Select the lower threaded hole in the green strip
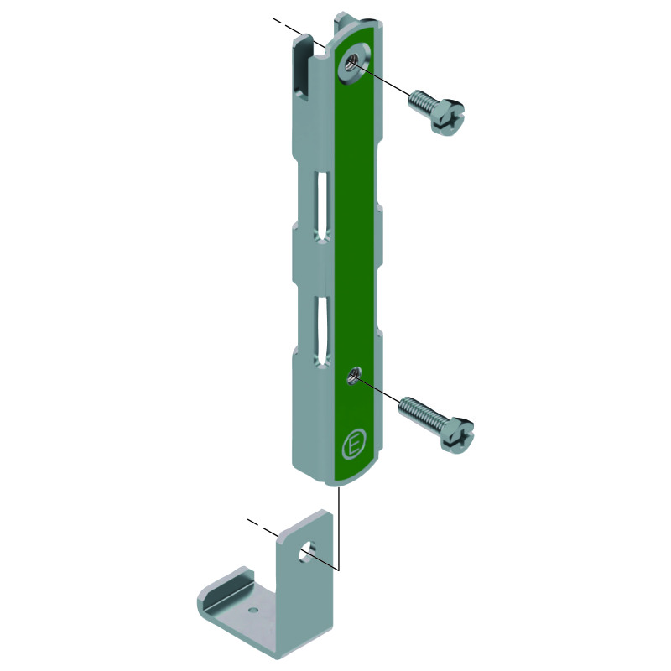point(354,375)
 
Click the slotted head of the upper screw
point(448,117)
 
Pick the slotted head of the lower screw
point(457,435)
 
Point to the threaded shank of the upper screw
point(422,103)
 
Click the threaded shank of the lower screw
point(421,414)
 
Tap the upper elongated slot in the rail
point(323,208)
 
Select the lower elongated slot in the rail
point(323,332)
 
